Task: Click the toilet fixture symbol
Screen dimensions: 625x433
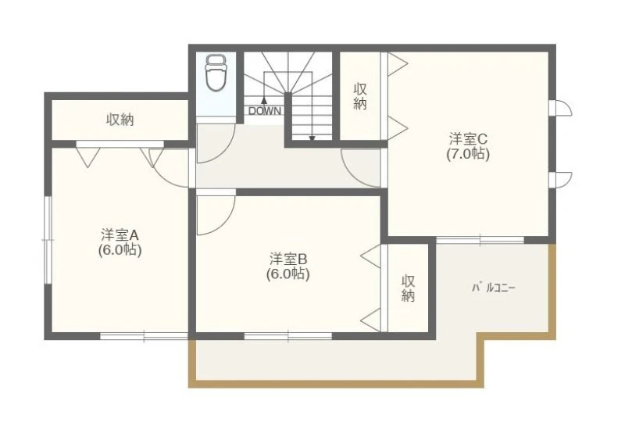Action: point(216,73)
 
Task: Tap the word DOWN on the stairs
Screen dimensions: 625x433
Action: point(265,111)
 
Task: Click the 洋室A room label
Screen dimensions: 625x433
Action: point(120,234)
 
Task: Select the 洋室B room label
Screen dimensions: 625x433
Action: point(287,259)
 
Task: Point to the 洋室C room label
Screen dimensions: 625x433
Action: point(468,139)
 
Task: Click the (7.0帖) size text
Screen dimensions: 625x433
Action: point(468,153)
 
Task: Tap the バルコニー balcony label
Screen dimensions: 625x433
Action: point(494,288)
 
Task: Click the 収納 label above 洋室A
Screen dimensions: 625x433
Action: point(120,120)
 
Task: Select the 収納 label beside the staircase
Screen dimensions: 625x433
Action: point(360,96)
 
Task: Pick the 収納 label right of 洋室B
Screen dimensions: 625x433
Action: point(408,288)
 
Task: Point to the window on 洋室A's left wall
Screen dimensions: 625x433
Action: point(48,240)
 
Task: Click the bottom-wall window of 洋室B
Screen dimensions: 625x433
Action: point(287,336)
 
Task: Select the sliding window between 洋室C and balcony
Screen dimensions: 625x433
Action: point(480,240)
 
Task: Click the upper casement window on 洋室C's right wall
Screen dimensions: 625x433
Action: point(560,108)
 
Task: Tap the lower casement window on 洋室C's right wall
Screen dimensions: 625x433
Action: point(560,180)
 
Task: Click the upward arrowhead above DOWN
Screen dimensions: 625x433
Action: point(263,100)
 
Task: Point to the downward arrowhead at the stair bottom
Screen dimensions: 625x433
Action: point(312,138)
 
